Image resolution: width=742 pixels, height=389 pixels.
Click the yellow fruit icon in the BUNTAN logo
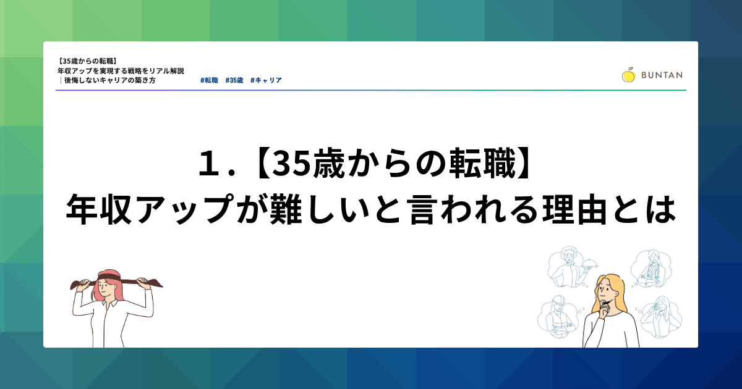click(x=628, y=75)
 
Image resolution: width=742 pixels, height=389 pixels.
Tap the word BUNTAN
click(x=662, y=75)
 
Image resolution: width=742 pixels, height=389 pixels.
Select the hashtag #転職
click(x=210, y=80)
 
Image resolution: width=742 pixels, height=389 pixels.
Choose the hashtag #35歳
click(x=234, y=80)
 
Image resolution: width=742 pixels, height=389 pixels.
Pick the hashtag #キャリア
click(x=266, y=80)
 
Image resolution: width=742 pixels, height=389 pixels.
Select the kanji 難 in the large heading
click(x=286, y=210)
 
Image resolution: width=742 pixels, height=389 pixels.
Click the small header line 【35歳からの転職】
click(x=87, y=61)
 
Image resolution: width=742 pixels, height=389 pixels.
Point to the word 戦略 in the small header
click(x=135, y=71)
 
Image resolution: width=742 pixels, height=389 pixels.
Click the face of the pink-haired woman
click(x=106, y=287)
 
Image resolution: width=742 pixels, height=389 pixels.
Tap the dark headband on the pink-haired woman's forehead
click(x=106, y=277)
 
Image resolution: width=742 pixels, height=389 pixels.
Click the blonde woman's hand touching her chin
click(x=605, y=308)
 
